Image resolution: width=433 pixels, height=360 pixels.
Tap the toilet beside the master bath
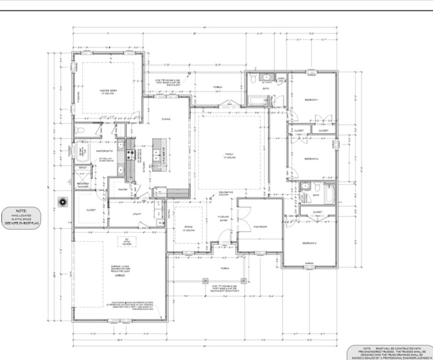pos(81,130)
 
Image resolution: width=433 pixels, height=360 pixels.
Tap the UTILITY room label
pos(136,214)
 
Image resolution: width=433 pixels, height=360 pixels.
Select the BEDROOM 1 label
pos(311,100)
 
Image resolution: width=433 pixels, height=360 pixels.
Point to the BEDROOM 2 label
pos(311,158)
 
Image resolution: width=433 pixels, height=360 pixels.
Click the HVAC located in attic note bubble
pos(21,216)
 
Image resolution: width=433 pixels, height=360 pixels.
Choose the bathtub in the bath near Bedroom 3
pos(330,194)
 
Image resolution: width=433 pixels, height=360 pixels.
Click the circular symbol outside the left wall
pos(62,201)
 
